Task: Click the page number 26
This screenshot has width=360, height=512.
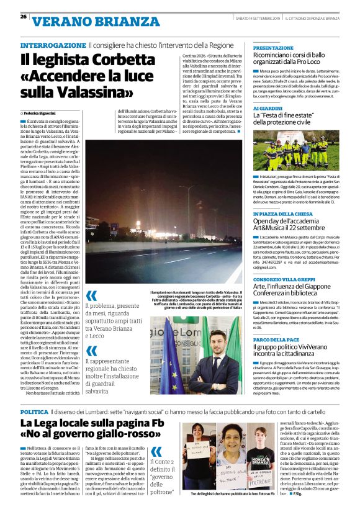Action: click(23, 16)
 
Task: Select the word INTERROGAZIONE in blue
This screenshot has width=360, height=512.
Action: click(52, 46)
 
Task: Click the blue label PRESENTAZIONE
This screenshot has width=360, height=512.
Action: click(273, 47)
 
